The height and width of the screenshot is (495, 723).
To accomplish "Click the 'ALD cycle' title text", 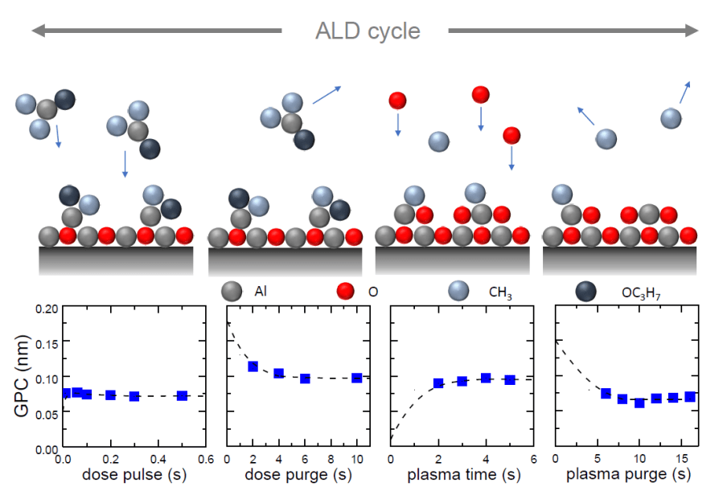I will [368, 31].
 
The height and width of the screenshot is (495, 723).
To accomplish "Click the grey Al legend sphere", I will [232, 290].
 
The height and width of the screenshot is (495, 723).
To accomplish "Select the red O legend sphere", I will [346, 290].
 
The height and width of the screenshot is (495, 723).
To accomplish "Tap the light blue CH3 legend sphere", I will [460, 290].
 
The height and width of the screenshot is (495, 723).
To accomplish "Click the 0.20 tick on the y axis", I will [46, 309].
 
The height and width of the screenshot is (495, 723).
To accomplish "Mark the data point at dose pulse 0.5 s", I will [183, 395].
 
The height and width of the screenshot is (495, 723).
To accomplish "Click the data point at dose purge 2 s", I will [253, 366].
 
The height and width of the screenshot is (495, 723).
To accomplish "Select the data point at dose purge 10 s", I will [356, 378].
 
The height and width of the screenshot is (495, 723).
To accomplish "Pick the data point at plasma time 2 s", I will [438, 383].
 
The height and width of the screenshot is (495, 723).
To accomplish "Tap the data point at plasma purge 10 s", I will [639, 403].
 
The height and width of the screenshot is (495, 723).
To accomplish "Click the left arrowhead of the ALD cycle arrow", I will [37, 31].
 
